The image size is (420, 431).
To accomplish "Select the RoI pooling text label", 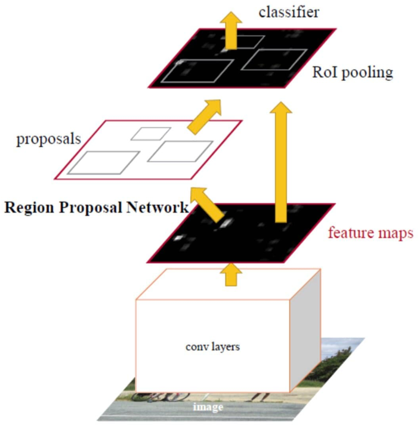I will [353, 72].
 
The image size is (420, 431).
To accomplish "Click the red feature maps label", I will [370, 233].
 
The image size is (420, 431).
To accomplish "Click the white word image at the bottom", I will [208, 407].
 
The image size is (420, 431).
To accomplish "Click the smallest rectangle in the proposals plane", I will [152, 133].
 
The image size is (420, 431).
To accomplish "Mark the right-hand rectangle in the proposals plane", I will [180, 151].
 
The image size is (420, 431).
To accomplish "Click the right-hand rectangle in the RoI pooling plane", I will [269, 60].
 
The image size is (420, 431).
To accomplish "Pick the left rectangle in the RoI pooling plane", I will [196, 71].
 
